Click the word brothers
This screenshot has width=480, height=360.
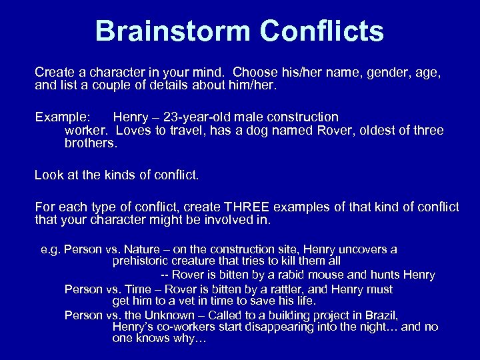(91, 143)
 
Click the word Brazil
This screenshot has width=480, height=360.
(381, 315)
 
